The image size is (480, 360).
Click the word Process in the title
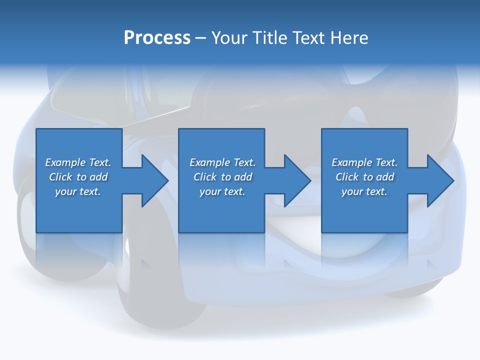coord(157,38)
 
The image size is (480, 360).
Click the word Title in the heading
coord(271,38)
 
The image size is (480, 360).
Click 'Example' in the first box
coord(65,162)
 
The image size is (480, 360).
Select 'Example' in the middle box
coord(209,162)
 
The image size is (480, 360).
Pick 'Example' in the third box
coord(351,162)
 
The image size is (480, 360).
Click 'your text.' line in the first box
coord(78,191)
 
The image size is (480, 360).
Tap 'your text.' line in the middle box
coord(222,191)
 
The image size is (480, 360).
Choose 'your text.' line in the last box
coord(364,191)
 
